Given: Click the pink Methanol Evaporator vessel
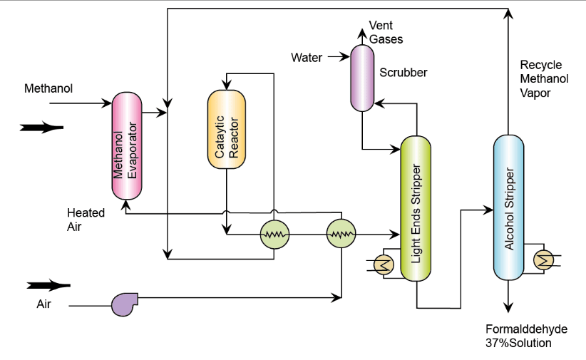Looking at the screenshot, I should (x=127, y=146).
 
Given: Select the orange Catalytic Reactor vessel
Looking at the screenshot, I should (x=226, y=129).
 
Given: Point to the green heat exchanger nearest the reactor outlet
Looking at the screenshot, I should (x=274, y=233).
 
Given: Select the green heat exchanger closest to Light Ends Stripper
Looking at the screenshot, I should (x=341, y=233).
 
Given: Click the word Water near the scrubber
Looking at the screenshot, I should (x=307, y=57).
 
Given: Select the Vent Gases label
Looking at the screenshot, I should (x=386, y=33).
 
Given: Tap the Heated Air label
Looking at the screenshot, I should (x=86, y=220).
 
